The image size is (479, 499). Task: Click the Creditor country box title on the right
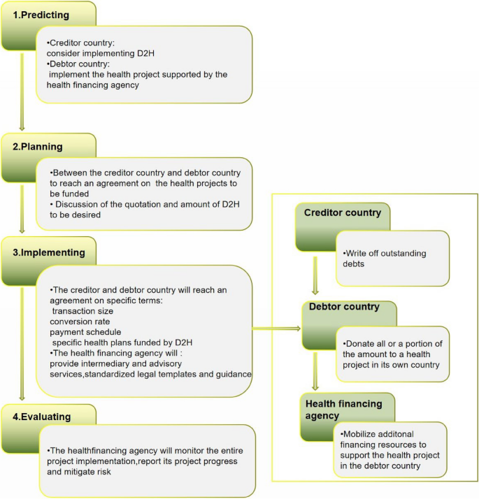click(343, 212)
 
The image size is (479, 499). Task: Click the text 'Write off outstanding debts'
click(385, 259)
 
